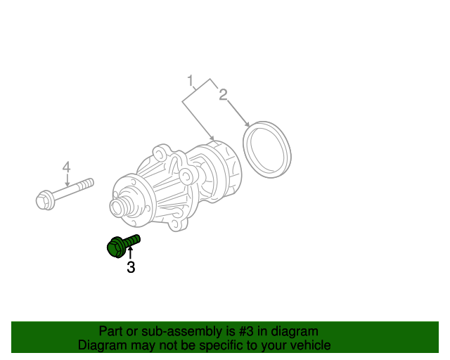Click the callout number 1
(190, 81)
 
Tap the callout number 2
(223, 95)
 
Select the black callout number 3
(131, 267)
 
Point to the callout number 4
(66, 167)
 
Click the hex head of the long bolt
(44, 201)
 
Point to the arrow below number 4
(67, 180)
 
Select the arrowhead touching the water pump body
(212, 137)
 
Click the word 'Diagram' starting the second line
(102, 345)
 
